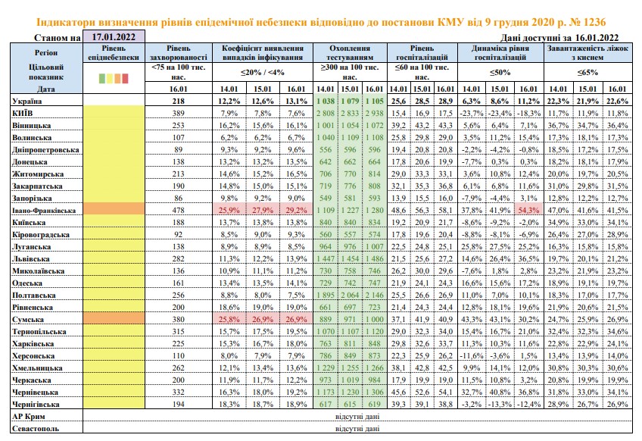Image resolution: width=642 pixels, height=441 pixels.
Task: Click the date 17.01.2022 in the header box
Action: coord(114,37)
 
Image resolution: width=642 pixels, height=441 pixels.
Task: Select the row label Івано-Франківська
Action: coord(44,211)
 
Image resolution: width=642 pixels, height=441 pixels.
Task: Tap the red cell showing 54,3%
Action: coord(528,210)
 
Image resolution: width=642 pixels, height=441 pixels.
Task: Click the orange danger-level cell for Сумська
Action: coord(114,319)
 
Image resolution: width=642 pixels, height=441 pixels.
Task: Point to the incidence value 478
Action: coord(178,210)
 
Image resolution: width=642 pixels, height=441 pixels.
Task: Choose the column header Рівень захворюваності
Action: coord(178,53)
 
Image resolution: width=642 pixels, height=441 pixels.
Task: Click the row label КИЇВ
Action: coord(23,113)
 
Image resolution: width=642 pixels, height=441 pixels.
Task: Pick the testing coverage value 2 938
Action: coord(374,113)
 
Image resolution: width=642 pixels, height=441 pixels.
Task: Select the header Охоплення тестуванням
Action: coord(350,53)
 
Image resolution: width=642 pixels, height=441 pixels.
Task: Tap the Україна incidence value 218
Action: coord(178,102)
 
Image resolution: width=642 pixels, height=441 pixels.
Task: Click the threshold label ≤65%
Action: coord(587,73)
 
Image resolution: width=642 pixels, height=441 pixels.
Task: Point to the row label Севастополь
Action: coord(36,429)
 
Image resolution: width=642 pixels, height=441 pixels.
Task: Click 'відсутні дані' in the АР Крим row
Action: coord(357,417)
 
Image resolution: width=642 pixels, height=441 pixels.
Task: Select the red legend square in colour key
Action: coord(125,78)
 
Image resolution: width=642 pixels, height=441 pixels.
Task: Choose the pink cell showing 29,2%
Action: coord(296,210)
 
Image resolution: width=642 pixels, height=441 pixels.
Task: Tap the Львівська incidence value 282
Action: coord(178,258)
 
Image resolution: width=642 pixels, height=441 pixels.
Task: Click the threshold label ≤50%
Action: coord(500,73)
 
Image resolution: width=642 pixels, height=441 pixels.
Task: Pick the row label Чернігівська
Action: coord(36,405)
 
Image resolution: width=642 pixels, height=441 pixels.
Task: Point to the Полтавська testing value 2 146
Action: coord(374,295)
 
